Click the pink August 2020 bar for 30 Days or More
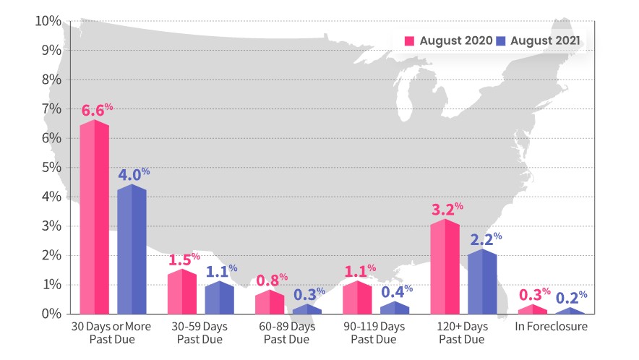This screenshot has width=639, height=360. [94, 217]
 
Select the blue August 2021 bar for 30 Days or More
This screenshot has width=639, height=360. [132, 249]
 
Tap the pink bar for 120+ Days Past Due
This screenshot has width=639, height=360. [445, 267]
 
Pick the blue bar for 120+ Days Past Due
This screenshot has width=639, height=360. [482, 282]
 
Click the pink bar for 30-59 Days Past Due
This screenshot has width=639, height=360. [181, 293]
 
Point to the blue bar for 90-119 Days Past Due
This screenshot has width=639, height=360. [395, 308]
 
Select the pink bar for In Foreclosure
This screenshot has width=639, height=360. [532, 309]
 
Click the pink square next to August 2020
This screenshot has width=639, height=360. [408, 40]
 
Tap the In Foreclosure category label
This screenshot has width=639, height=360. [551, 327]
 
